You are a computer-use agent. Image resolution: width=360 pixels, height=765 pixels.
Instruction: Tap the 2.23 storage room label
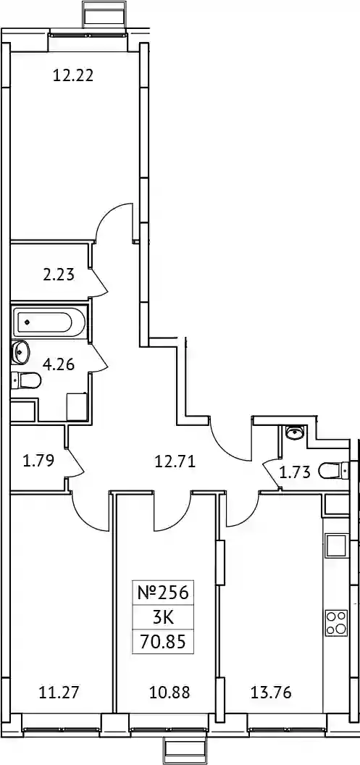pos(59,275)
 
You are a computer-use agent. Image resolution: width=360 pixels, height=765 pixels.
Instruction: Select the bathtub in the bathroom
pos(50,322)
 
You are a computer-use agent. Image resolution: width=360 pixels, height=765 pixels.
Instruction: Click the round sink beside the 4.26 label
pos(20,352)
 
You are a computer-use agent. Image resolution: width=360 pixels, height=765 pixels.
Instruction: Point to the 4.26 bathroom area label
pos(59,364)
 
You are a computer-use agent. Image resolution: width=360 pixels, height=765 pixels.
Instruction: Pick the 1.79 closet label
pos(38,459)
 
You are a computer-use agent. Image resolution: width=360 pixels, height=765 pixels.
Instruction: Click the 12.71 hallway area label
pos(174,461)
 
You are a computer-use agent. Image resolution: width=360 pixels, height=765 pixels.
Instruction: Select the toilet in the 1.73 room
pos(334,471)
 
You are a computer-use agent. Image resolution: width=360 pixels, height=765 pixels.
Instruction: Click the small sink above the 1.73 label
pos(295,432)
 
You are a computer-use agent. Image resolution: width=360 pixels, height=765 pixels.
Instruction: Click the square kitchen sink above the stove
pos(337,545)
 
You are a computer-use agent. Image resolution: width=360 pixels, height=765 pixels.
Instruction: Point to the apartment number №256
pos(162,593)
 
